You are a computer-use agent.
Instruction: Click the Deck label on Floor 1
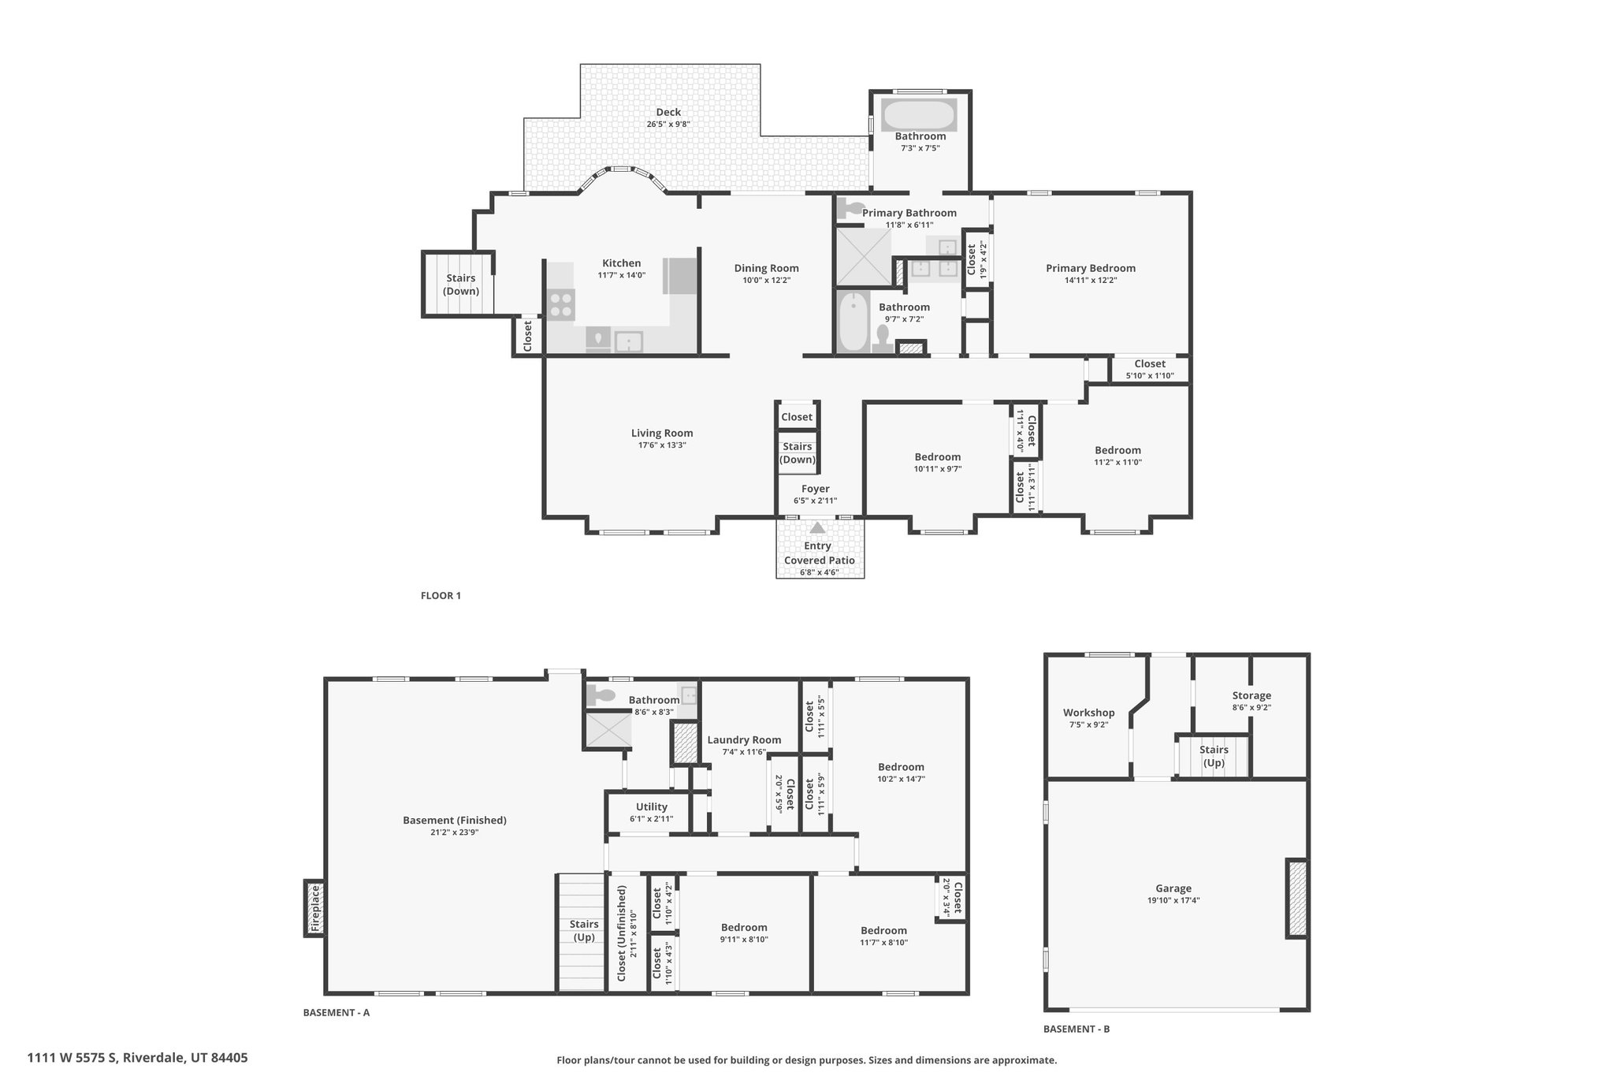pos(668,112)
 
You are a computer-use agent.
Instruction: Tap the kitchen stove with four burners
pos(560,305)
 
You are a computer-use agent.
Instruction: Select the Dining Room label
pos(766,268)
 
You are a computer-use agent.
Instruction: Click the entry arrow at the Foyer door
pos(818,527)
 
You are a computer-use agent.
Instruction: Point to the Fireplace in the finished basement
pos(314,908)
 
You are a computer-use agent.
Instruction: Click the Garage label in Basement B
pos(1173,888)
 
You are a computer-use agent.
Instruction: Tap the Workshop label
pos(1088,713)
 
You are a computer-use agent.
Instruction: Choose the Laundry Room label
pos(744,739)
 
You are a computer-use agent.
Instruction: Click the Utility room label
pos(652,806)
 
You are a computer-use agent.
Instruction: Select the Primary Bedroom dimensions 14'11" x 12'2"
pos(1091,280)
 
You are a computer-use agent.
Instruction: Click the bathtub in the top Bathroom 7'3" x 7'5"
pos(919,115)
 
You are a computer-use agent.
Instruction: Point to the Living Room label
pos(662,433)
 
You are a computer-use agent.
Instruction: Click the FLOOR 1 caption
pos(441,596)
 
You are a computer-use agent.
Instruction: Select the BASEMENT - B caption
pos(1077,1029)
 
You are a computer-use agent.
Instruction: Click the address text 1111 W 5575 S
pos(73,1058)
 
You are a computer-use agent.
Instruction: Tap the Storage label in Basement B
pos(1251,695)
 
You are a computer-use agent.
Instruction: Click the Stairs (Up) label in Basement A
pos(584,930)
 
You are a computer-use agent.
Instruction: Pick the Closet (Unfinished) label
pos(622,934)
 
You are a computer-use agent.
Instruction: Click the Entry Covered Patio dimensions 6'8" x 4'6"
pos(819,572)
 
